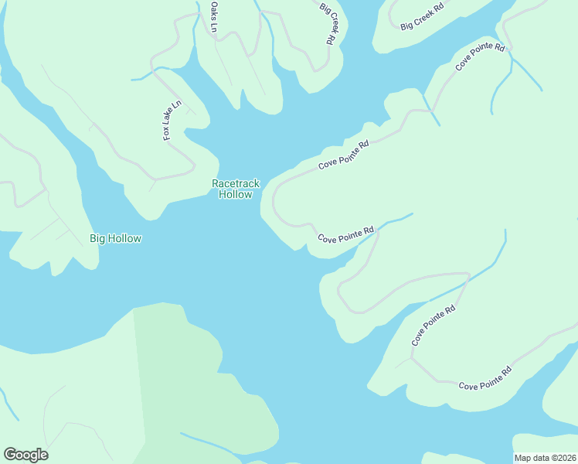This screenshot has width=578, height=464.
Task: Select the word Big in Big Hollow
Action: click(97, 238)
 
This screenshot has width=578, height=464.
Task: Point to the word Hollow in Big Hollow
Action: click(124, 238)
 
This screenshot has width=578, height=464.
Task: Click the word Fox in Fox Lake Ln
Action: click(166, 133)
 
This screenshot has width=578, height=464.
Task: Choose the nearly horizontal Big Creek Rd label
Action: click(423, 16)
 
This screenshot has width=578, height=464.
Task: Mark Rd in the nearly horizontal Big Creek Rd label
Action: click(439, 8)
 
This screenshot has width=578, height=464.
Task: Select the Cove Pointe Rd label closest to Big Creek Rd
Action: click(480, 58)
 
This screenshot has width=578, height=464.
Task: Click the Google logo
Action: click(25, 455)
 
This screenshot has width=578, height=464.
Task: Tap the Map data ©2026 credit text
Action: click(544, 458)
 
